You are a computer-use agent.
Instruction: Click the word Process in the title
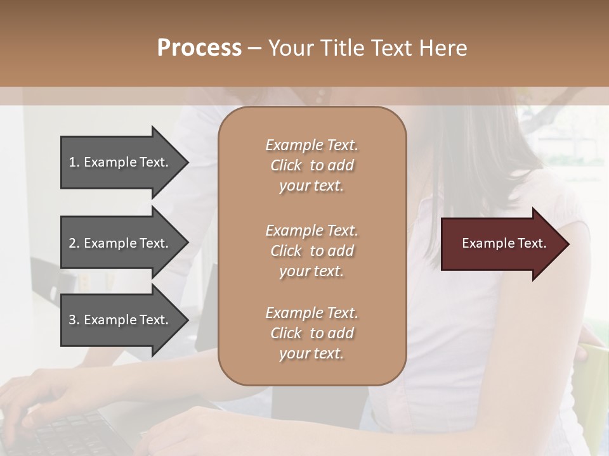(199, 48)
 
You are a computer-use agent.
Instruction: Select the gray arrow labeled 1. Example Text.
(121, 162)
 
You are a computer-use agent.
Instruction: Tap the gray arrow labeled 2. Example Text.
(121, 243)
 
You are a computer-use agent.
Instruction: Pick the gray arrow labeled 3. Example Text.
(121, 320)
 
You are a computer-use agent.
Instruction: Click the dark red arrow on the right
(501, 244)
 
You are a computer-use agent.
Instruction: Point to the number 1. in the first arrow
(74, 162)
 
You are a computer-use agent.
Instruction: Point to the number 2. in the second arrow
(74, 243)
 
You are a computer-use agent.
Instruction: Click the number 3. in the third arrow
(74, 320)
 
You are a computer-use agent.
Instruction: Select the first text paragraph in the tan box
(311, 165)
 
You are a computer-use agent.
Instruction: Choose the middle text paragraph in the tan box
(311, 250)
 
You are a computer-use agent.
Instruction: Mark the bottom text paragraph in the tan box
(311, 333)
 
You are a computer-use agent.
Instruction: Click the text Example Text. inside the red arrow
(504, 243)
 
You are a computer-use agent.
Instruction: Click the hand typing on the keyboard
(38, 393)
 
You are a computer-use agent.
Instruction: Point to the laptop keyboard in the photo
(70, 434)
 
